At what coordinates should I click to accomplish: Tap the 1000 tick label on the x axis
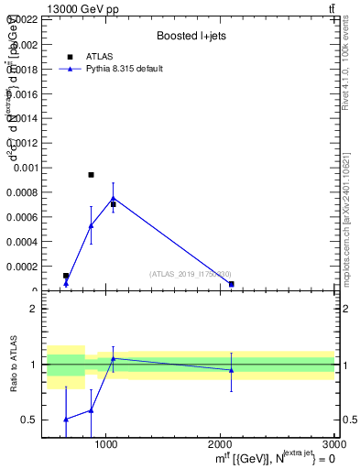pyautogui.click(x=106, y=444)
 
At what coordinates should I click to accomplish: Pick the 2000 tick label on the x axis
pyautogui.click(x=221, y=444)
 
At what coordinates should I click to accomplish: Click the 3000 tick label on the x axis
pyautogui.click(x=333, y=444)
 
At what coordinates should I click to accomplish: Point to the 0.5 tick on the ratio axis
pyautogui.click(x=31, y=420)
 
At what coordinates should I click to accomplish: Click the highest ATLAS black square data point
pyautogui.click(x=91, y=174)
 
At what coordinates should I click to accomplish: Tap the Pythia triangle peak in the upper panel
pyautogui.click(x=114, y=198)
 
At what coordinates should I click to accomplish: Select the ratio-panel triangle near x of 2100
pyautogui.click(x=231, y=370)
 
